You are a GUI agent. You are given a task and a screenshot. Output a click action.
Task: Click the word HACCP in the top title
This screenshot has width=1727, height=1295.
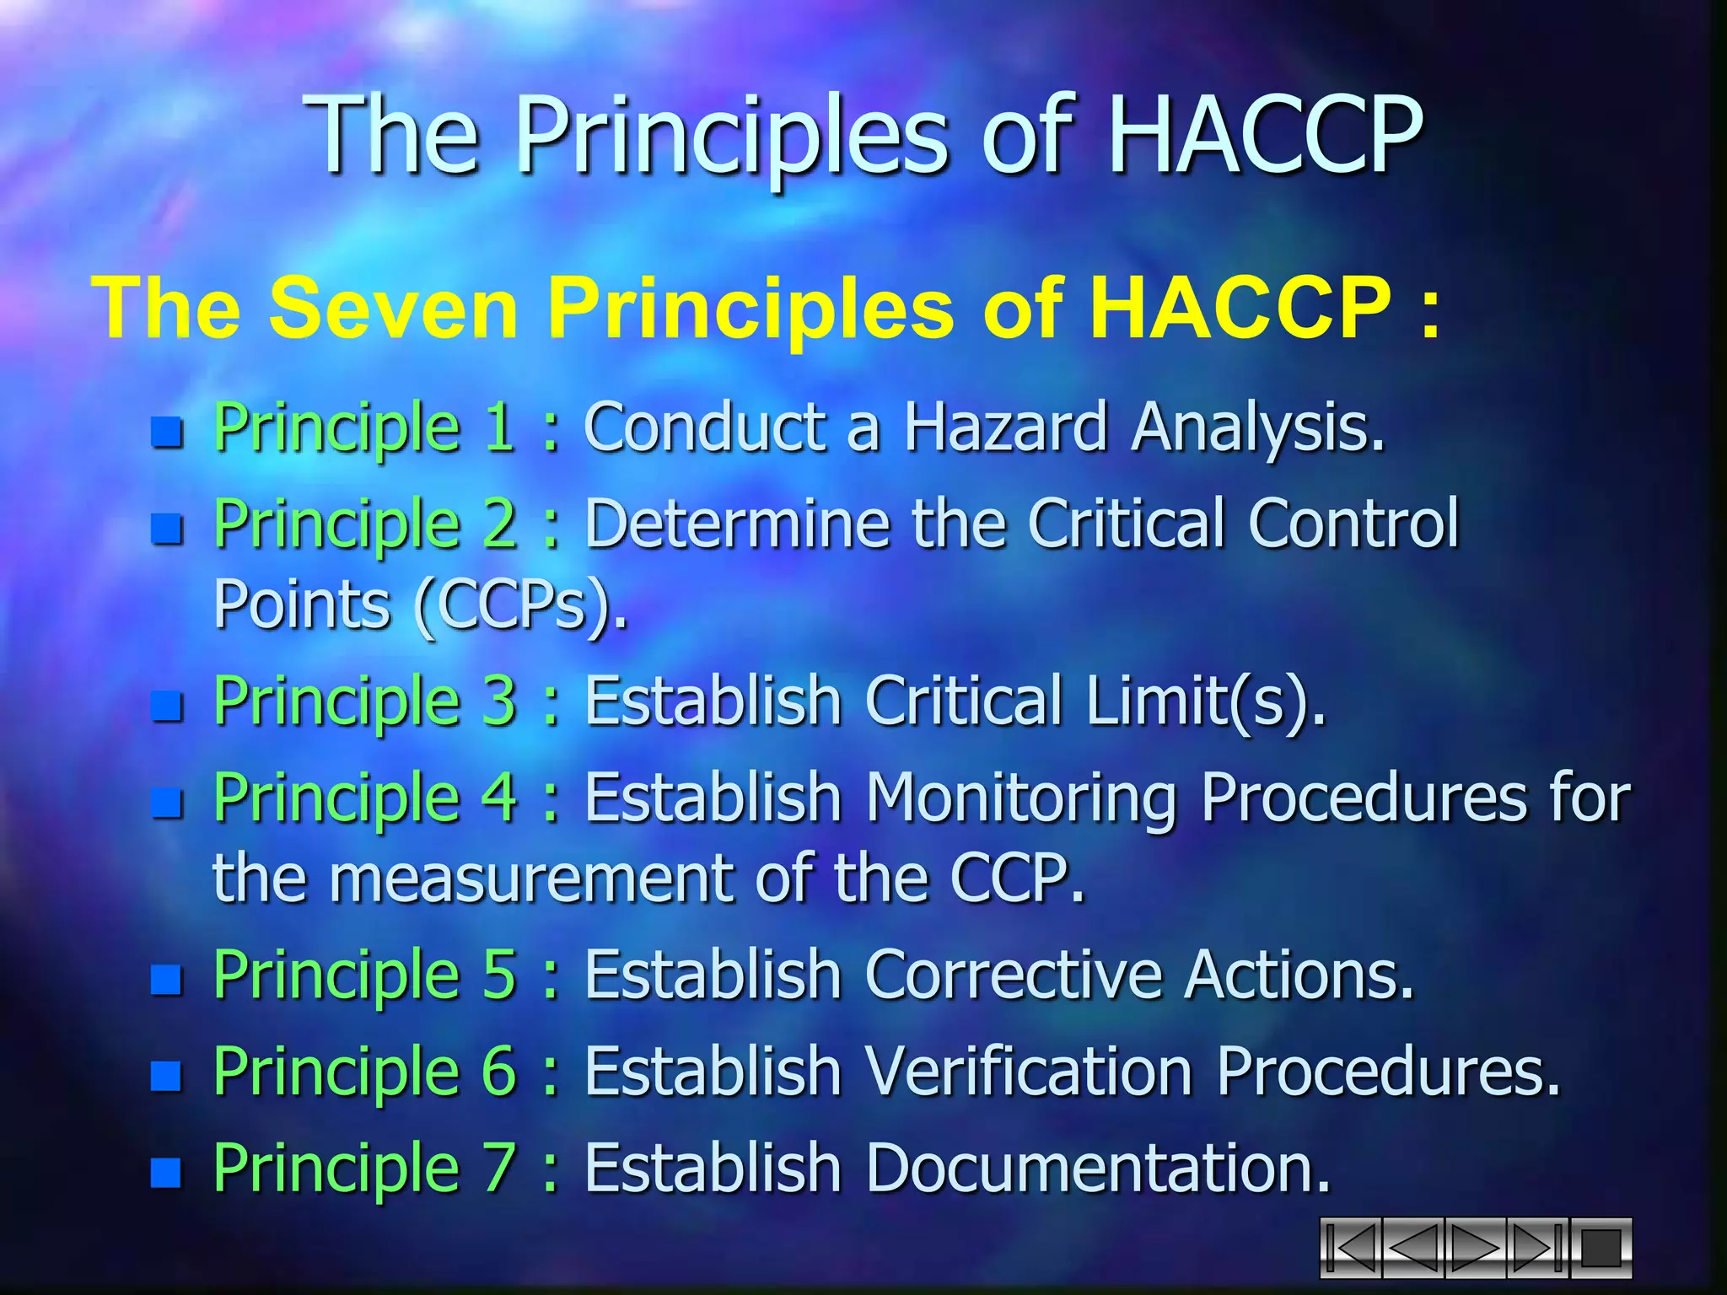(1265, 135)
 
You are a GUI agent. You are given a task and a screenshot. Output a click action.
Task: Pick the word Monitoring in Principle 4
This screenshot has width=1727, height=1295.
(1021, 798)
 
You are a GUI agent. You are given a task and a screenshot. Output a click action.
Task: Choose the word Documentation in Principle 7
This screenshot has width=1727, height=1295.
(1097, 1168)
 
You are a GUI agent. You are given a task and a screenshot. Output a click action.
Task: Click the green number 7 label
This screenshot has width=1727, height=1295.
(498, 1168)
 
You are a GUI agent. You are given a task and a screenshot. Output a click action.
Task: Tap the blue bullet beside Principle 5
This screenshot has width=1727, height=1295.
(167, 980)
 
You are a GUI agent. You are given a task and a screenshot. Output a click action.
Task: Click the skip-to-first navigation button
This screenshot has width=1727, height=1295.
(1350, 1248)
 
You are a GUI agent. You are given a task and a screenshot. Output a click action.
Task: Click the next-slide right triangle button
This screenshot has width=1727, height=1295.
(1475, 1248)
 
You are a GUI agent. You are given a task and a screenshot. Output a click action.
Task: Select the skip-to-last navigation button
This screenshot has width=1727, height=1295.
(1537, 1248)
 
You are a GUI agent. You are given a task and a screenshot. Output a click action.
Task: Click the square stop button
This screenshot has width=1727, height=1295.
(1600, 1248)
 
